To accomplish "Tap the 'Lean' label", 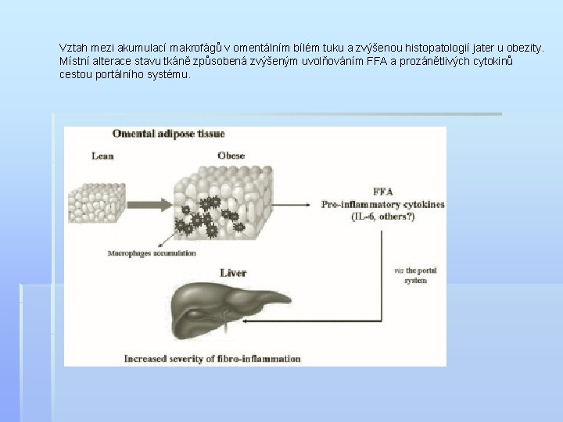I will click(x=102, y=156).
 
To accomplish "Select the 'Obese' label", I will click(x=231, y=156).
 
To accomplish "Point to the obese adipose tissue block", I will click(x=224, y=198).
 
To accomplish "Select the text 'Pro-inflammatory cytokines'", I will click(x=383, y=204).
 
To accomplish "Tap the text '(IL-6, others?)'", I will click(x=383, y=216).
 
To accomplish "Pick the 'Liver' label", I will click(x=233, y=273).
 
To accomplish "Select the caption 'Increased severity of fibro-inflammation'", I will click(x=212, y=359).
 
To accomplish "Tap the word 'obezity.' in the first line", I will click(x=524, y=48).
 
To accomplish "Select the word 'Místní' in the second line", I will click(x=74, y=62).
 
